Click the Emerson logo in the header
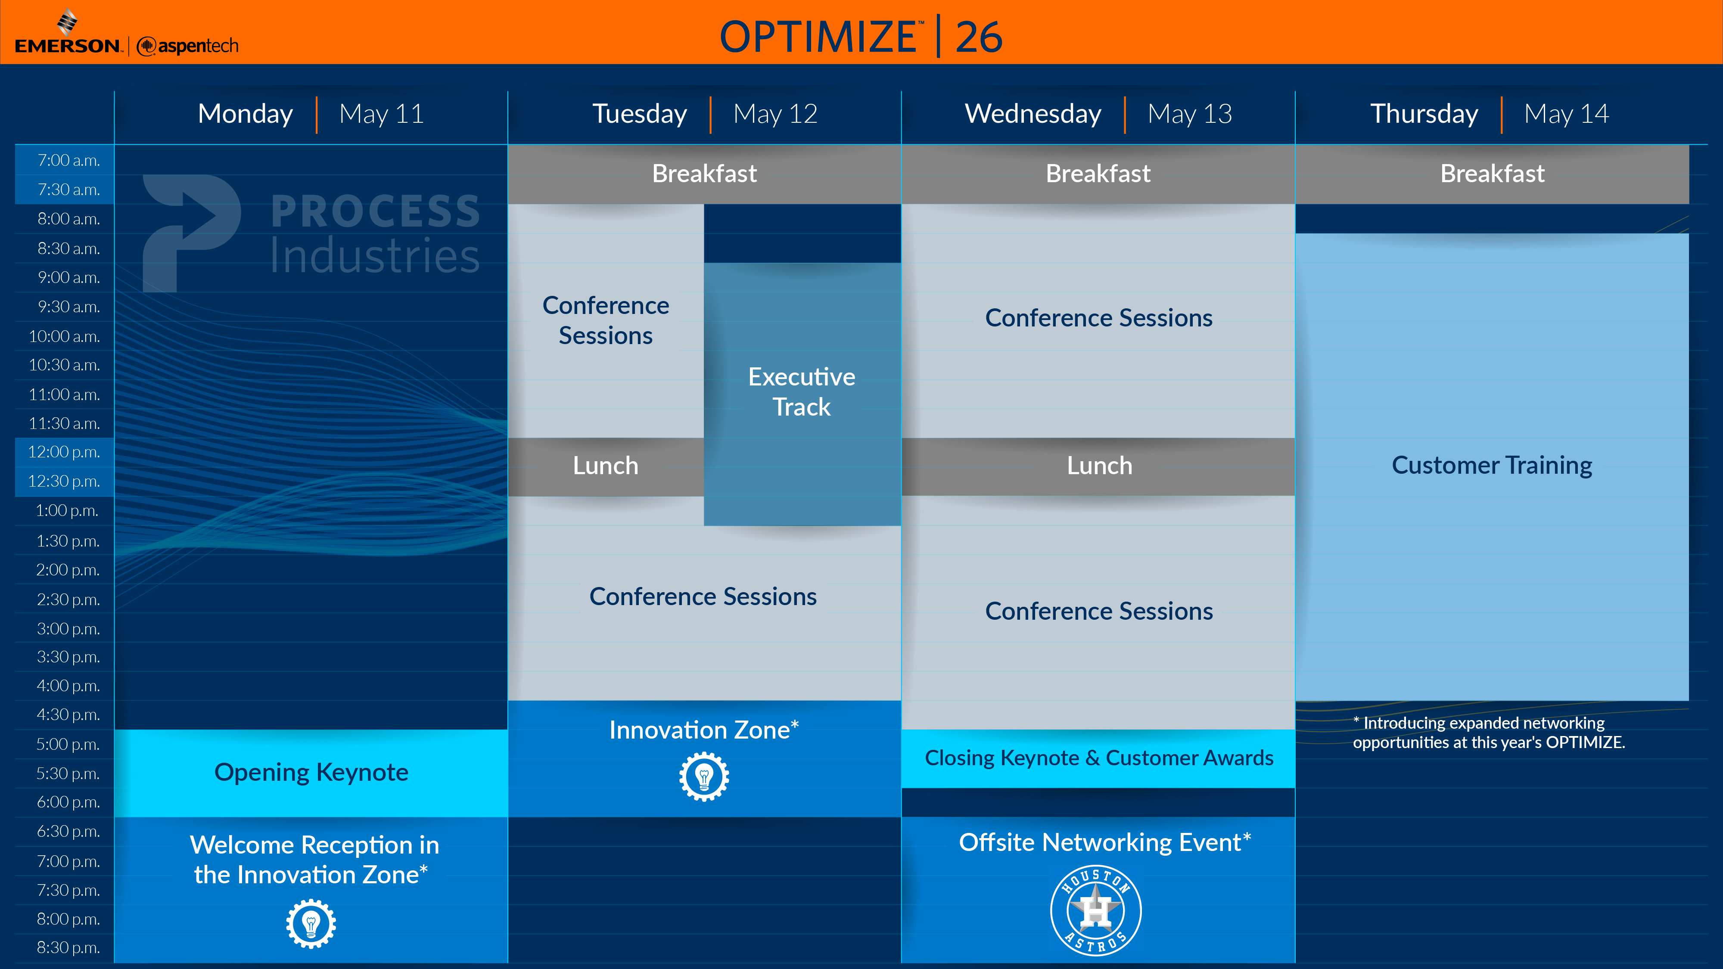68,32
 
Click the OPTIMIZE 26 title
861,36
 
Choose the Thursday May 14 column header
1490,114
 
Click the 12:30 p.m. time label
64,481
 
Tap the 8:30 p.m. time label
68,947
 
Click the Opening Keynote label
311,772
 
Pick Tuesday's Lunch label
605,466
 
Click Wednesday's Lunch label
1100,466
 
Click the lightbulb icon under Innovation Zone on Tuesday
704,776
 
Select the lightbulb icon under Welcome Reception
311,923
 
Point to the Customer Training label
1492,466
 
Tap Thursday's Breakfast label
1492,174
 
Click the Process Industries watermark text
375,233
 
